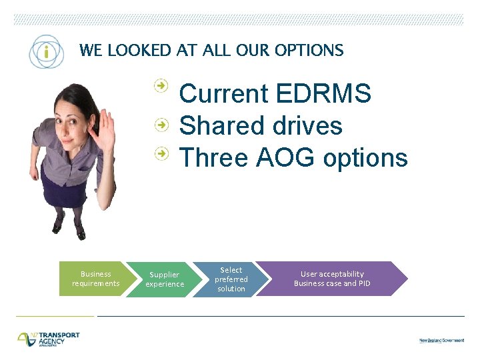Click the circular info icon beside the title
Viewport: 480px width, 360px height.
pyautogui.click(x=45, y=51)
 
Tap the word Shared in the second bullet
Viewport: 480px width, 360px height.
pyautogui.click(x=216, y=126)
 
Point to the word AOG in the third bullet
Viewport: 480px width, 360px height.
pyautogui.click(x=283, y=158)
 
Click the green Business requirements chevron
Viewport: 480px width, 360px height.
pyautogui.click(x=95, y=279)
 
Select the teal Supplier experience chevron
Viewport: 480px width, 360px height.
pyautogui.click(x=164, y=279)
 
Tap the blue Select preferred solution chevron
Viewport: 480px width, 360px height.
pyautogui.click(x=231, y=279)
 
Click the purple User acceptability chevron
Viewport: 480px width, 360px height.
pyautogui.click(x=331, y=279)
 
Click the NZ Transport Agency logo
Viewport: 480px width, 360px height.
pyautogui.click(x=49, y=338)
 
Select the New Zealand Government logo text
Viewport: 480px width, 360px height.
pyautogui.click(x=441, y=340)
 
